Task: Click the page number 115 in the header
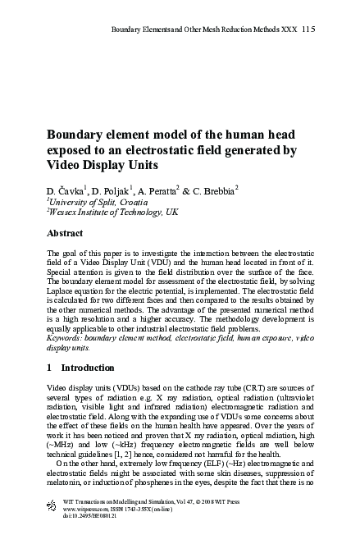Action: (307, 29)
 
